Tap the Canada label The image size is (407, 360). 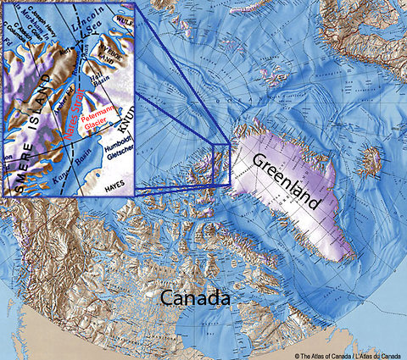[197, 299]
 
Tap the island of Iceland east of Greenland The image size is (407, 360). [371, 158]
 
